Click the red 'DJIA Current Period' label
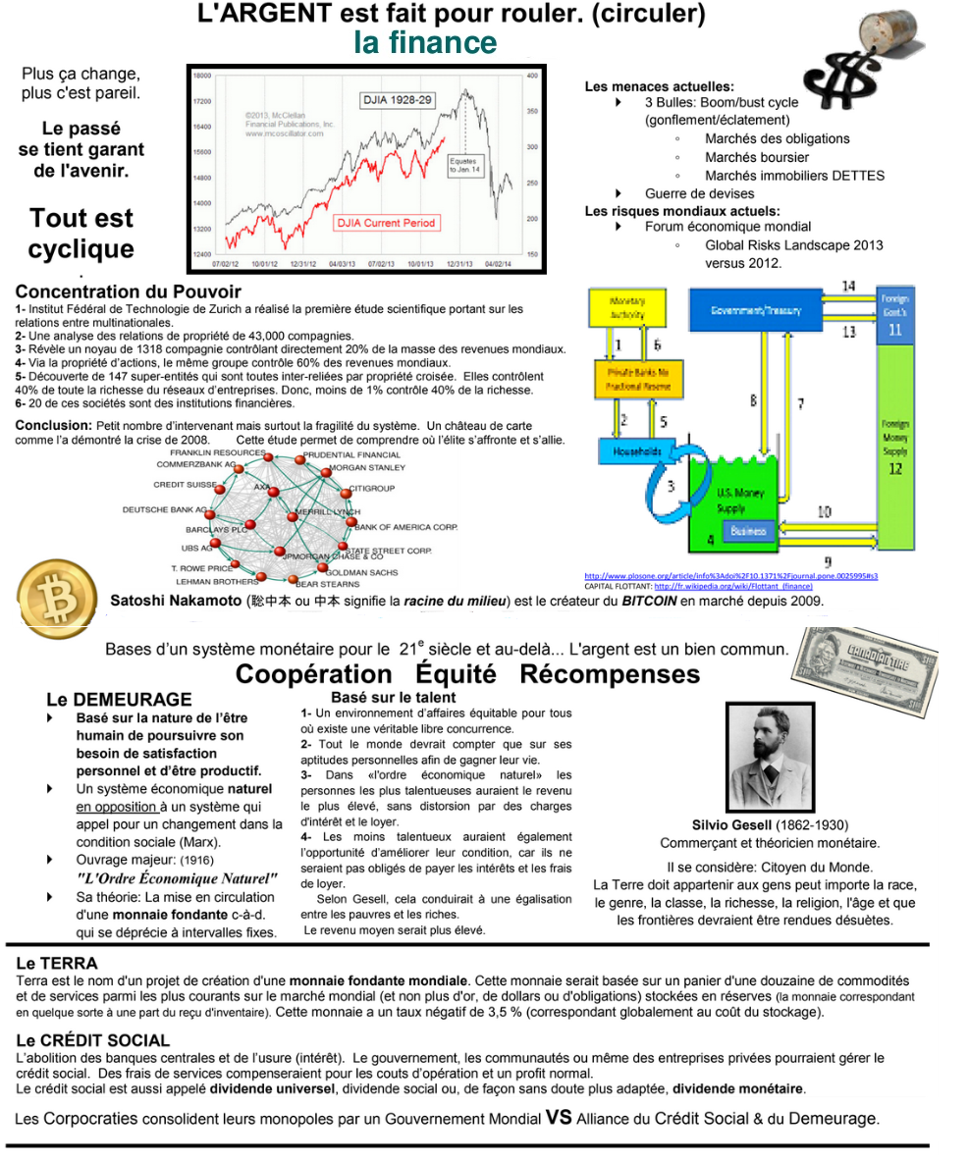[386, 223]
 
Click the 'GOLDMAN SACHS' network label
[362, 572]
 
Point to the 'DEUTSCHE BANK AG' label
[164, 510]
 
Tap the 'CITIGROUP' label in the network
[372, 488]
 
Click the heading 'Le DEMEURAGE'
[119, 700]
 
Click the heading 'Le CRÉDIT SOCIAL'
[93, 1040]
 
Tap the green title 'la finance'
[425, 43]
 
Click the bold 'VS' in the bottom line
[558, 1117]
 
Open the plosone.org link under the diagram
[730, 576]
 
